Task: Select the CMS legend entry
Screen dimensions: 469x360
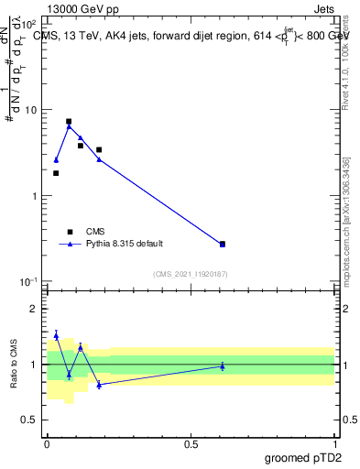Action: point(95,232)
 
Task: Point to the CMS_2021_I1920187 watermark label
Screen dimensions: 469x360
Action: point(191,274)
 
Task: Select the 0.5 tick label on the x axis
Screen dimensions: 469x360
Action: point(191,443)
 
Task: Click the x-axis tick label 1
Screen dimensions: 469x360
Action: point(334,443)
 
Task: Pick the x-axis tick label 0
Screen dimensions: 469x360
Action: point(47,443)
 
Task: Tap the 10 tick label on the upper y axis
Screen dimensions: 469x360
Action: point(30,110)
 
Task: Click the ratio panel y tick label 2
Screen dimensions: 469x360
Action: point(34,309)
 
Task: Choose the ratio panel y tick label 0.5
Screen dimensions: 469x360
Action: point(29,420)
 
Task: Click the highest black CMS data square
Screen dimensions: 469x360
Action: point(69,121)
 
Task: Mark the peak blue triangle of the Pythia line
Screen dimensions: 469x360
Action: point(69,126)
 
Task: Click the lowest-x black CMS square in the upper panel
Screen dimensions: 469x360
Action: point(56,173)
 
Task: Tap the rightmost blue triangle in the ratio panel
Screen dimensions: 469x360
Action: point(222,366)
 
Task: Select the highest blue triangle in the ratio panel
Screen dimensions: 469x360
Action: point(56,335)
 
